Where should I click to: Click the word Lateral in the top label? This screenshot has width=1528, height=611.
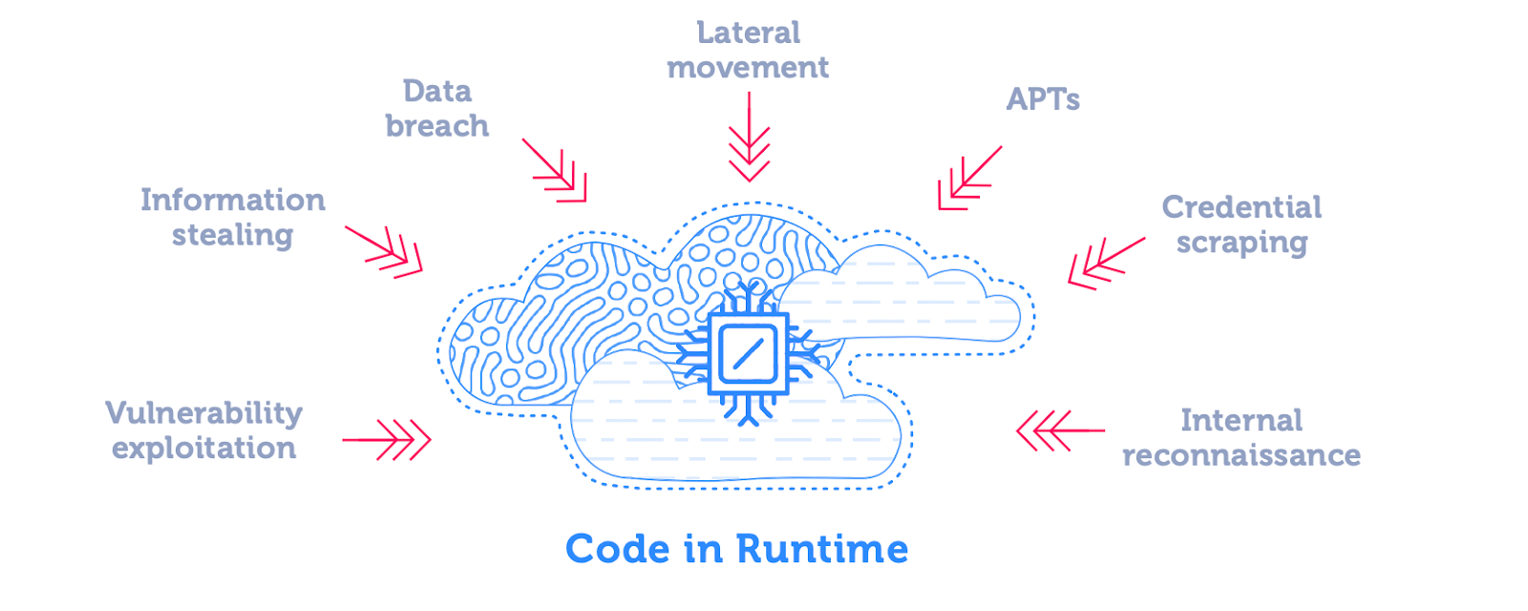tap(749, 32)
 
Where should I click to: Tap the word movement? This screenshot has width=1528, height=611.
tap(748, 68)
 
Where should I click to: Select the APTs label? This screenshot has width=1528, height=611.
tap(1043, 99)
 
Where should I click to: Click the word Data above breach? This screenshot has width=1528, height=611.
tap(437, 92)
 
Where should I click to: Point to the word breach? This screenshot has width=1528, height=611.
tap(437, 126)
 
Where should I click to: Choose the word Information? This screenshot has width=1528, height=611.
tap(233, 200)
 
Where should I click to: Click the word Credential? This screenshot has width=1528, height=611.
tap(1241, 207)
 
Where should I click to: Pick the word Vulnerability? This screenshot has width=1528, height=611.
tap(204, 414)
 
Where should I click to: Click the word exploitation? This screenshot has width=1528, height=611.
tap(204, 449)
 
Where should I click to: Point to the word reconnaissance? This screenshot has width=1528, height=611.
tap(1241, 455)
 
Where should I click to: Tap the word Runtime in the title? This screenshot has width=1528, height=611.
tap(822, 549)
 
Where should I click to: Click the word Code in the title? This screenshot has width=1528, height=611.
tap(618, 549)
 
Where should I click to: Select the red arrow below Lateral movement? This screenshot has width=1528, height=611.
tap(749, 137)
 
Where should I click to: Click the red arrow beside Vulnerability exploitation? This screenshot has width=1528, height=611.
tap(386, 440)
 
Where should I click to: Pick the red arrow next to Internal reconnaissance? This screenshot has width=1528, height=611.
tap(1060, 431)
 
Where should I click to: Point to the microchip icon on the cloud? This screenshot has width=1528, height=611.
tap(749, 353)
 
